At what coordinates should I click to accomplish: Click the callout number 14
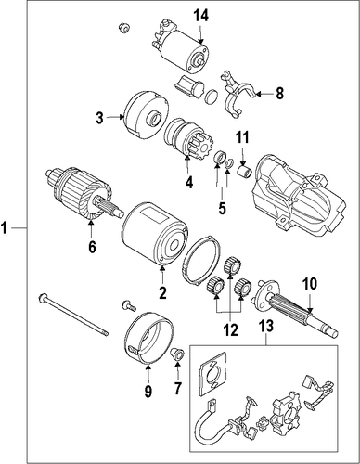(201, 16)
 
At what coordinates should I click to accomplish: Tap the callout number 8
(279, 94)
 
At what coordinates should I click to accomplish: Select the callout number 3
(99, 118)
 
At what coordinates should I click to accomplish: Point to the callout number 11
(243, 137)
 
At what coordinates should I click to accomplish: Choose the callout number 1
(4, 228)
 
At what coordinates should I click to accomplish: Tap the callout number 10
(310, 284)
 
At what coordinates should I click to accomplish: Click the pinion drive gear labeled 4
(180, 138)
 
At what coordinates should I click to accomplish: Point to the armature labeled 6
(84, 195)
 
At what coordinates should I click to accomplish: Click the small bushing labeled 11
(245, 172)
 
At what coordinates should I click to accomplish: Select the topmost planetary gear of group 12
(232, 264)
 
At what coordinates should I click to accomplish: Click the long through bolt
(73, 314)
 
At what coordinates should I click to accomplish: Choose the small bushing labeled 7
(177, 354)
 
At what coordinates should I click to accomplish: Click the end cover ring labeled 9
(148, 339)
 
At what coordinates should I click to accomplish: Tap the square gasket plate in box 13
(213, 374)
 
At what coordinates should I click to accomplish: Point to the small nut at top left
(123, 29)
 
